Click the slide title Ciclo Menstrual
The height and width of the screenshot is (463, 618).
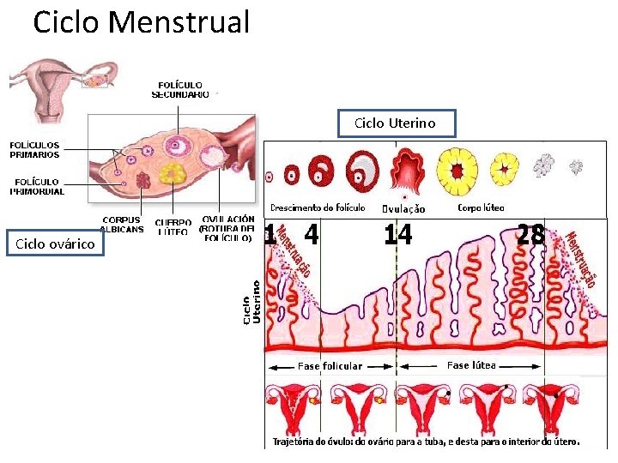[141, 23]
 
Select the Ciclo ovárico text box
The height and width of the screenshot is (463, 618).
[55, 244]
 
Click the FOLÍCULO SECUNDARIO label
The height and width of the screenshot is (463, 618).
[180, 90]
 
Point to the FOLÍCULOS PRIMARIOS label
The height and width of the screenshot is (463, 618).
[34, 150]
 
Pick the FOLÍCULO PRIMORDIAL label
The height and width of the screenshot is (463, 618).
[37, 186]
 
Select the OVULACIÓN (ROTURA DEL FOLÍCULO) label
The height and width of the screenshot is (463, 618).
[227, 229]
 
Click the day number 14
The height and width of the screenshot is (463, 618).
[397, 235]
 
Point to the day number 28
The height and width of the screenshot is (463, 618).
[530, 234]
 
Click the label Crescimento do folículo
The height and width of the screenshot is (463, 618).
[318, 207]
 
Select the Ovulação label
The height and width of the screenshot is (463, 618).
[403, 208]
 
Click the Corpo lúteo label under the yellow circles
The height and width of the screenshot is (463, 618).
[481, 207]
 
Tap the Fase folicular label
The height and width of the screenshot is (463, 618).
[330, 366]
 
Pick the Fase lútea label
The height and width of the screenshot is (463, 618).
[471, 365]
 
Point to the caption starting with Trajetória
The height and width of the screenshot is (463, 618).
[426, 442]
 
